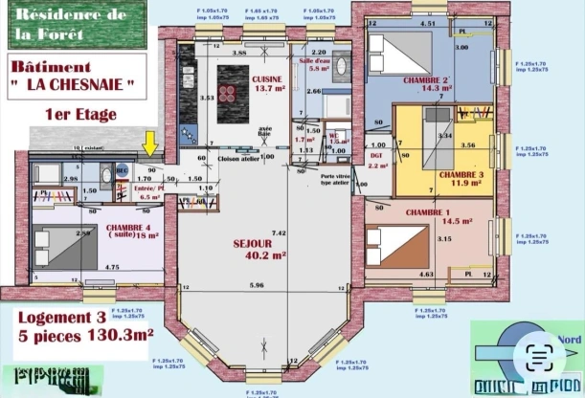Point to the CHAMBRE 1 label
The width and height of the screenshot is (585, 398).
coord(427,211)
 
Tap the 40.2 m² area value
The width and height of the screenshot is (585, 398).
coord(266,255)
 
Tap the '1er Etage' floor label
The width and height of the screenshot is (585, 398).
coord(80,114)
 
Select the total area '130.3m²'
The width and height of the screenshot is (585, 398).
coord(119,336)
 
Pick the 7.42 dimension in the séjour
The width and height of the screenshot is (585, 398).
coord(279,232)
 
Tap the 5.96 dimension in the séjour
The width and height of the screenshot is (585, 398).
coord(257,285)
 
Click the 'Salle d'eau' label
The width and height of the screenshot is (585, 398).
coord(314,60)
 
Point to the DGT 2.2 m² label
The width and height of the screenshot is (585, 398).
coord(377,159)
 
